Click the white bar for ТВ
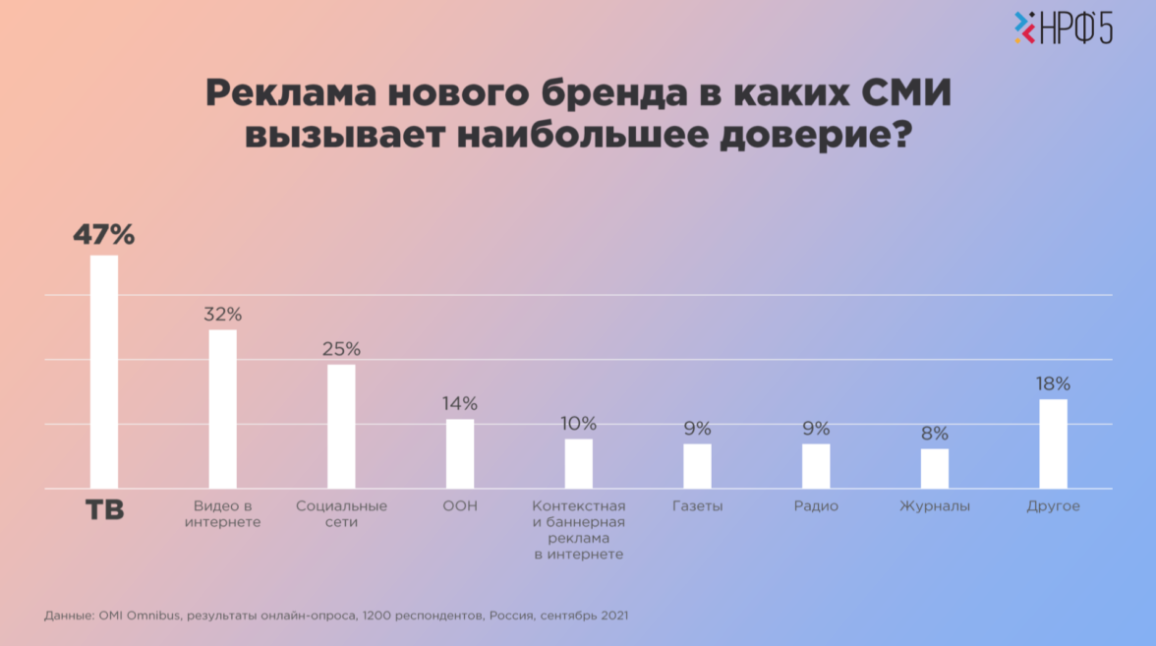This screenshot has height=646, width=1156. click(104, 372)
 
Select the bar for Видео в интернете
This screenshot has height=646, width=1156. click(223, 408)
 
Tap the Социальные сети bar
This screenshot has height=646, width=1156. click(341, 426)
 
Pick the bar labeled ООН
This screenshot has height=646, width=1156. click(460, 453)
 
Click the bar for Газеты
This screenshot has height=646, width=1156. click(697, 465)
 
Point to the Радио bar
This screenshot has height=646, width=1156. click(816, 465)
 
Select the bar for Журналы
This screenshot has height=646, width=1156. click(935, 468)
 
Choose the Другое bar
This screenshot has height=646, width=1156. click(1053, 443)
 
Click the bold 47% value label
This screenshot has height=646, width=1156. click(103, 235)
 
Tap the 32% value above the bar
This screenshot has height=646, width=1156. click(223, 315)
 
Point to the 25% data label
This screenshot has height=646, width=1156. click(342, 349)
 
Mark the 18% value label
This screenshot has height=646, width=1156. click(1053, 383)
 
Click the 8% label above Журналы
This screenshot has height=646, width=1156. click(935, 434)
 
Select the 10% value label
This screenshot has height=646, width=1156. click(578, 424)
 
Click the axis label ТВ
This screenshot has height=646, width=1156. click(104, 510)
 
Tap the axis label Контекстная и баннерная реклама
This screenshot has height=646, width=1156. click(578, 530)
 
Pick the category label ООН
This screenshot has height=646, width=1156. click(460, 506)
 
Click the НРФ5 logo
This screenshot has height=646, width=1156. click(1064, 29)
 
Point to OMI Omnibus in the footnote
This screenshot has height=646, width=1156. click(139, 616)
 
